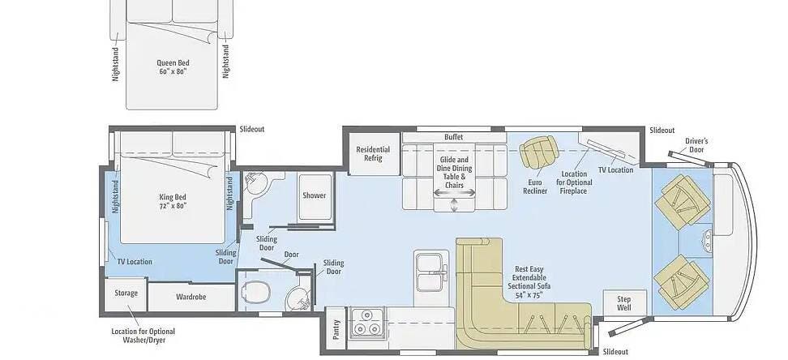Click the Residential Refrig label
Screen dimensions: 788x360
(373, 154)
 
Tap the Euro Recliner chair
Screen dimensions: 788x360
(539, 152)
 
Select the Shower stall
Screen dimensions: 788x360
(315, 196)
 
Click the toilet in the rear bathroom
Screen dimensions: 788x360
(256, 291)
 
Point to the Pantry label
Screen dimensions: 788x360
(336, 329)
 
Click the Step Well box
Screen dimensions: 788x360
(624, 303)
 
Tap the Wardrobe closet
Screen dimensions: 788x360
(191, 297)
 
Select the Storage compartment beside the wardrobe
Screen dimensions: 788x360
(126, 294)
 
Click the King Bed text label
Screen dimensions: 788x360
(173, 201)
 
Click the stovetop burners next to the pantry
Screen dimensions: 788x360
(367, 322)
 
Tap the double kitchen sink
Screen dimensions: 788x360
(430, 272)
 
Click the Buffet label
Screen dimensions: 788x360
(453, 137)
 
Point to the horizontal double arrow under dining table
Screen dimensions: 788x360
(455, 193)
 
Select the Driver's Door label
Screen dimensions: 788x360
(696, 145)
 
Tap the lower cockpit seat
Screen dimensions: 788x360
(682, 281)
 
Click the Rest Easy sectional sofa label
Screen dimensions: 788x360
(529, 282)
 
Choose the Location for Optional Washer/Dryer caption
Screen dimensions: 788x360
(143, 336)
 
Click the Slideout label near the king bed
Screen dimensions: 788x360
(252, 129)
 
